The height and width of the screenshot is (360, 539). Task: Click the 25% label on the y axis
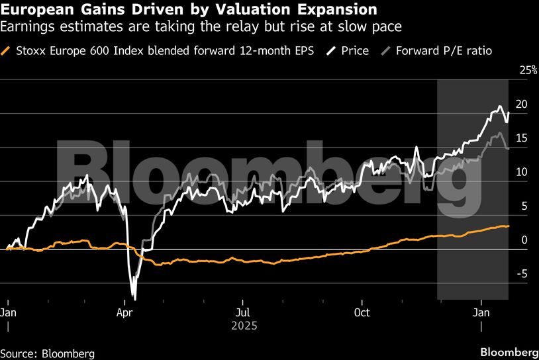527,70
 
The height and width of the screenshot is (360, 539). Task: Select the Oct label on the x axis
362,311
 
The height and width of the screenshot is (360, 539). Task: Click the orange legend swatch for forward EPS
7,50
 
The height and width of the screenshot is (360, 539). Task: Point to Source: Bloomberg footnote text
48,353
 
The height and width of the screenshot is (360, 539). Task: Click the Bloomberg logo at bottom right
509,351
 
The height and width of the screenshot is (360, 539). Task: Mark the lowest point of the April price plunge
134,298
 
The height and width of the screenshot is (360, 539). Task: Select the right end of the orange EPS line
509,226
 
